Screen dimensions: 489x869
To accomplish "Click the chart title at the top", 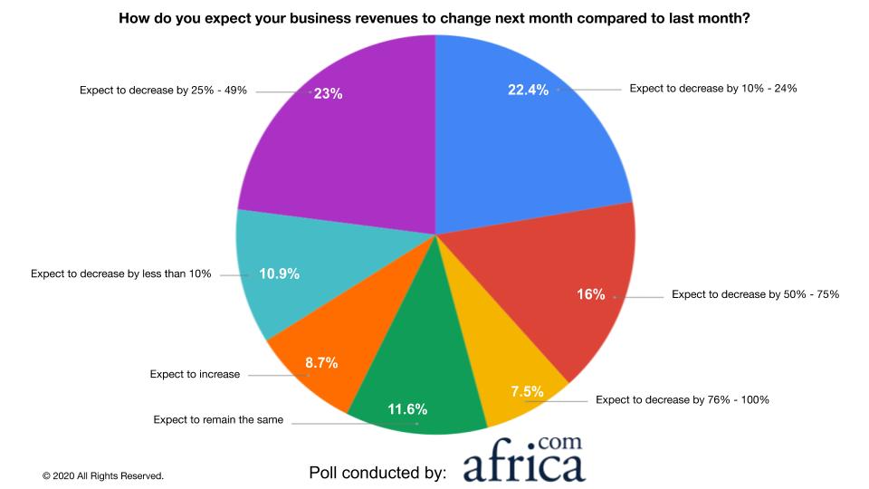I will pyautogui.click(x=434, y=17).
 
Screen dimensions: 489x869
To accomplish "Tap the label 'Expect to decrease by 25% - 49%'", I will pyautogui.click(x=163, y=91).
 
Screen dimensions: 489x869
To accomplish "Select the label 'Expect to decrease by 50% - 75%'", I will pyautogui.click(x=755, y=295).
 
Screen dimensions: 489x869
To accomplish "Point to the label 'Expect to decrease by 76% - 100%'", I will pyautogui.click(x=684, y=399).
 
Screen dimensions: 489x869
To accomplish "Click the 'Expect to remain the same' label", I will pyautogui.click(x=218, y=419).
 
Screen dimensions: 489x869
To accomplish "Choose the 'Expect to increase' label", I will pyautogui.click(x=195, y=373).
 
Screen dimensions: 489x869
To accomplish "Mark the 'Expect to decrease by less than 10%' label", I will pyautogui.click(x=120, y=273).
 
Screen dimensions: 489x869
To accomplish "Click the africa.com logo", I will pyautogui.click(x=524, y=461).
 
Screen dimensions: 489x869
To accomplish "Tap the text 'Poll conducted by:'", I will pyautogui.click(x=377, y=473).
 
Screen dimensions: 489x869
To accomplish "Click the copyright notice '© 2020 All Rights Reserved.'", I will pyautogui.click(x=102, y=475).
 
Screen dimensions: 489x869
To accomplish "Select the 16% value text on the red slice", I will pyautogui.click(x=591, y=294).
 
